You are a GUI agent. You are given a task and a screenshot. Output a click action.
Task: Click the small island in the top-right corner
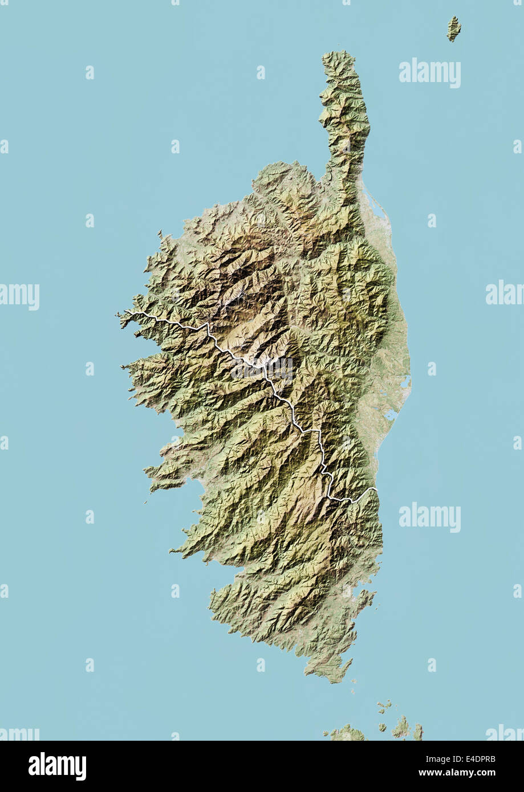[453, 28]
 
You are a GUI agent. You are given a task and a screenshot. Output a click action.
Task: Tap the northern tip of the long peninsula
[338, 54]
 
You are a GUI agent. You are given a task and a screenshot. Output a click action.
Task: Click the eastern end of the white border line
[376, 488]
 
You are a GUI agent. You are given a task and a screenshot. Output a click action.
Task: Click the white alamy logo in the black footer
[57, 766]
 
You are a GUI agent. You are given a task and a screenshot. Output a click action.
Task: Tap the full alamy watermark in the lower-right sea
[429, 517]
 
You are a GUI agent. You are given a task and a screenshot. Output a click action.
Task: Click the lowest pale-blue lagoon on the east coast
[391, 415]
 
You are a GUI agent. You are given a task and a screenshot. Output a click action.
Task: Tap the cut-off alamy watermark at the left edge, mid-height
[19, 296]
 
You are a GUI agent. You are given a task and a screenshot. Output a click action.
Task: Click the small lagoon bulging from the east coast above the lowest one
[404, 383]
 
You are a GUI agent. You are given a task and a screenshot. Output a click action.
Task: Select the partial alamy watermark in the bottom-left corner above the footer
[19, 733]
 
